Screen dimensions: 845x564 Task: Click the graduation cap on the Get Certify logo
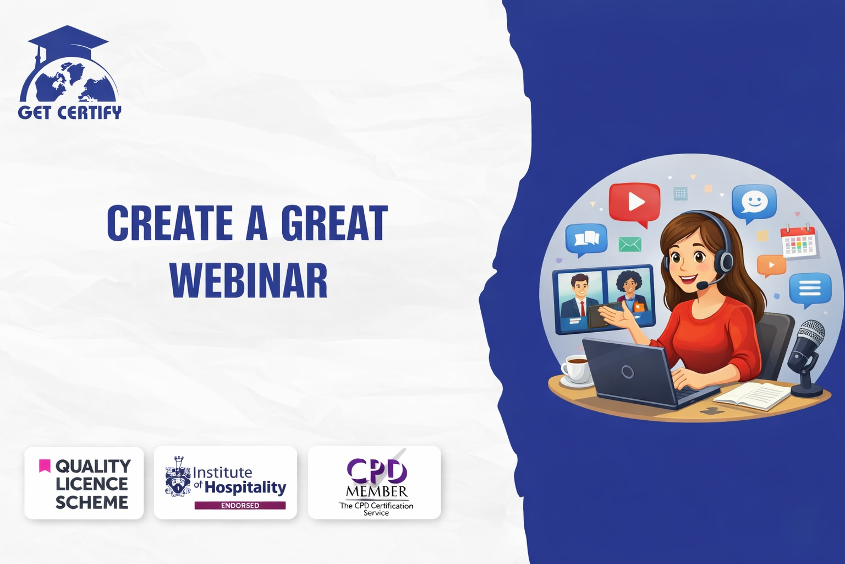[x=68, y=42]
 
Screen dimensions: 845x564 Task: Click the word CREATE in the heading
[x=170, y=223]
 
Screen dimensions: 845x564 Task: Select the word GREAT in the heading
[x=334, y=223]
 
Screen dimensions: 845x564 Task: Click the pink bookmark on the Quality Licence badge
[x=45, y=466]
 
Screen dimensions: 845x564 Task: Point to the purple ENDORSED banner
[x=240, y=506]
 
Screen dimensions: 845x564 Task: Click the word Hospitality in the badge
[x=245, y=487]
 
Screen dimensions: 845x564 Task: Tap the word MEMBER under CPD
[x=376, y=492]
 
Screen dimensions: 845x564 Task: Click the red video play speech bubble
[x=634, y=204]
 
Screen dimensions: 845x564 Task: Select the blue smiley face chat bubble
[x=754, y=203]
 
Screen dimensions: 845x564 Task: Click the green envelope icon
[x=630, y=244]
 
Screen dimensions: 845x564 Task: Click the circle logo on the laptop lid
[x=627, y=372]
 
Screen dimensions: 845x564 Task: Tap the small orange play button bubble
[x=771, y=265]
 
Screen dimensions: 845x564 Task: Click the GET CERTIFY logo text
[x=70, y=112]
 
